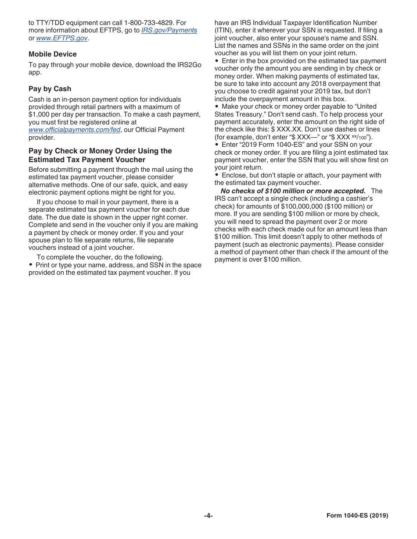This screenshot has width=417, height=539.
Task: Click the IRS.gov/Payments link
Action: click(169, 30)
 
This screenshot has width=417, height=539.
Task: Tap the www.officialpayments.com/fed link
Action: click(74, 130)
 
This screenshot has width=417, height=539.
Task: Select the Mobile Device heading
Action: click(53, 54)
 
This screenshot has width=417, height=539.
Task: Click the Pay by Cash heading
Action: click(50, 89)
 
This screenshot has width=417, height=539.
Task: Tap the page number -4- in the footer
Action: click(208, 516)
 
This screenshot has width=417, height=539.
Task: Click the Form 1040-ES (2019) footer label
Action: click(357, 516)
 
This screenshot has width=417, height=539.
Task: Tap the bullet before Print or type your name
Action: click(31, 265)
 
